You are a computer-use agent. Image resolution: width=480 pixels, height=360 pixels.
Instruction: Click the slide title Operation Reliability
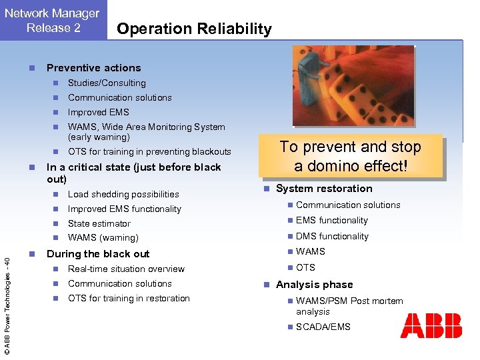pos(193,29)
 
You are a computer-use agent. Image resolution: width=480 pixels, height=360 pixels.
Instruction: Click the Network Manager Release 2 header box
pos(53,20)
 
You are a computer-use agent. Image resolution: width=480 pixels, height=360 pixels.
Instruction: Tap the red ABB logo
pos(431,326)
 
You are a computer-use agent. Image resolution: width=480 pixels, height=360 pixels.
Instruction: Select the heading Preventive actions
pos(93,68)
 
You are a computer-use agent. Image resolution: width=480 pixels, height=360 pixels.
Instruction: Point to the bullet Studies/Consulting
pos(107,83)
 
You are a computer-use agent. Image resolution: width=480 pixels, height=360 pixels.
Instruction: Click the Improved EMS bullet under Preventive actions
pos(98,112)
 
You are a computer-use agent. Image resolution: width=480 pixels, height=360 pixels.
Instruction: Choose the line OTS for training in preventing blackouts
pos(149,151)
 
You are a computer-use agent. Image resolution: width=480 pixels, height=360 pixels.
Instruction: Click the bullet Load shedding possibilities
pos(123,194)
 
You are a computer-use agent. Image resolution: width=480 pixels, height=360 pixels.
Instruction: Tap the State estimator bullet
pos(99,223)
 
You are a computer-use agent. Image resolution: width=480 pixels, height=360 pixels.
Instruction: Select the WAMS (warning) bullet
pos(103,237)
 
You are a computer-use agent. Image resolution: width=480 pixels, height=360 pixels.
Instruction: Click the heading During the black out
pos(98,254)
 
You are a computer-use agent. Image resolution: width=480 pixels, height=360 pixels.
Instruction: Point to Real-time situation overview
pos(126,269)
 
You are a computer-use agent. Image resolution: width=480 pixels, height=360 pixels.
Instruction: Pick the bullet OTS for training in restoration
pos(129,298)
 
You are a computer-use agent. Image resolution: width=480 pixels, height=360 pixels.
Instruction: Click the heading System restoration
pos(324,189)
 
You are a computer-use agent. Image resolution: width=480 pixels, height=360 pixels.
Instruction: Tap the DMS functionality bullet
pos(332,236)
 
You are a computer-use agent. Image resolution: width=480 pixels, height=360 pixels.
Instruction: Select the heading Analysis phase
pos(314,285)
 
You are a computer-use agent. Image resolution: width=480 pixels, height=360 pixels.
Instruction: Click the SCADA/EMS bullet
pos(323,327)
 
